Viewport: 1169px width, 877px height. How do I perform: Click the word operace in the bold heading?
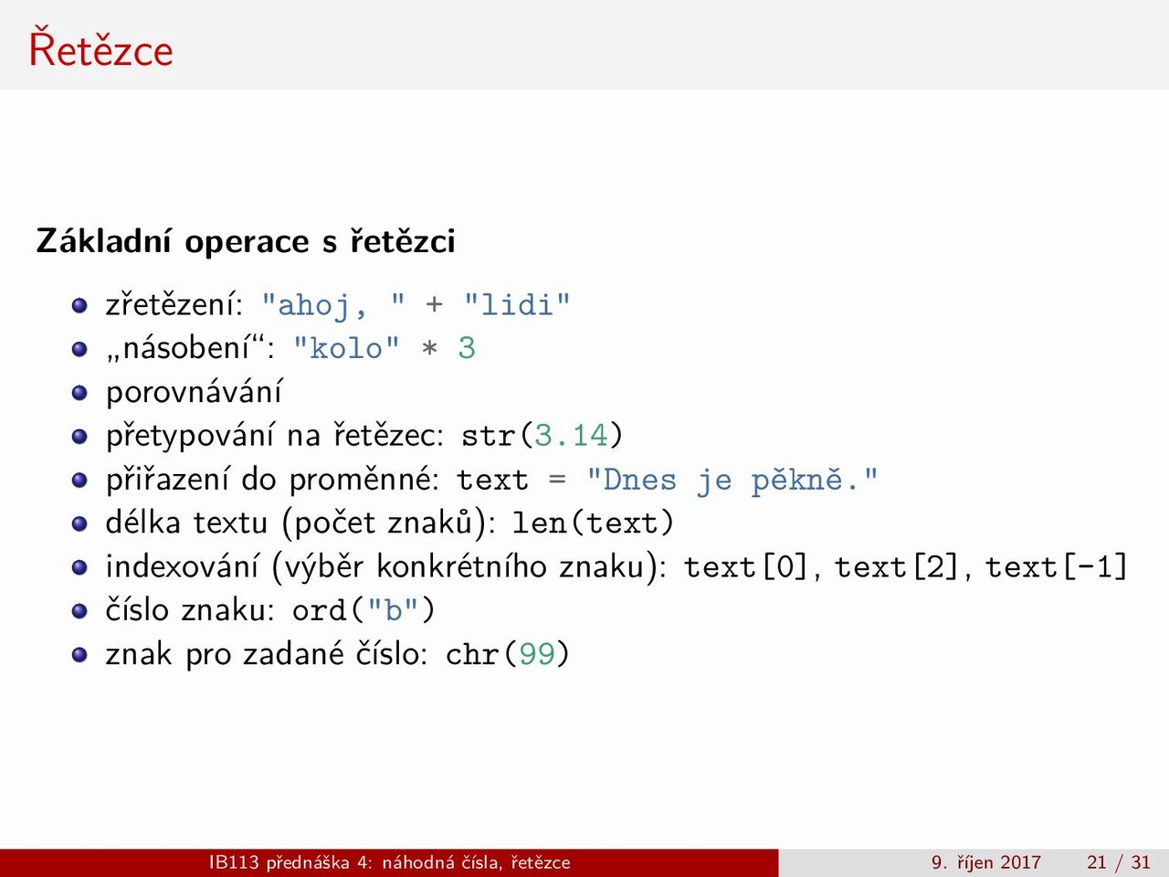pyautogui.click(x=247, y=242)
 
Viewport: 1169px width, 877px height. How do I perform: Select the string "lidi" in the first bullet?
pyautogui.click(x=517, y=305)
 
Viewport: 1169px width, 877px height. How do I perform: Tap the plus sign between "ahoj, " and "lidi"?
pyautogui.click(x=434, y=305)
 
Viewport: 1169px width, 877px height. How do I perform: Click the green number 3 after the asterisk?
pyautogui.click(x=467, y=349)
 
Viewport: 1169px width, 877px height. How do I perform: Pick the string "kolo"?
pyautogui.click(x=346, y=349)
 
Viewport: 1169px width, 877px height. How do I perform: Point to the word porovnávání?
pyautogui.click(x=194, y=393)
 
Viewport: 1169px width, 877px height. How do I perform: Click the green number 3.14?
pyautogui.click(x=571, y=436)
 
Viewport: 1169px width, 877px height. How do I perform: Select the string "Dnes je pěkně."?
pyautogui.click(x=732, y=481)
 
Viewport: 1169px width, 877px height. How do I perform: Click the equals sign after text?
pyautogui.click(x=557, y=480)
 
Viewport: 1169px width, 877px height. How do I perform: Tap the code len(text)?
pyautogui.click(x=593, y=523)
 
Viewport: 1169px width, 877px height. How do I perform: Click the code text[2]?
pyautogui.click(x=898, y=566)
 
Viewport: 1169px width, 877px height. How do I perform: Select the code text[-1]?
pyautogui.click(x=1057, y=566)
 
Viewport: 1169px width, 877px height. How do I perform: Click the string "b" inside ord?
pyautogui.click(x=393, y=609)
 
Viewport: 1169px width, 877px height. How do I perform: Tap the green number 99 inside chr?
pyautogui.click(x=537, y=654)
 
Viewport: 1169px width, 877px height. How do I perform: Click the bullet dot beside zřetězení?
pyautogui.click(x=79, y=306)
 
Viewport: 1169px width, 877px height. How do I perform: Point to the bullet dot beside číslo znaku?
pyautogui.click(x=79, y=611)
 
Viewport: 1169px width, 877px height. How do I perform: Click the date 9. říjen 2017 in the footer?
pyautogui.click(x=985, y=862)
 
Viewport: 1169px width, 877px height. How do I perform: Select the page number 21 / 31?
pyautogui.click(x=1119, y=862)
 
